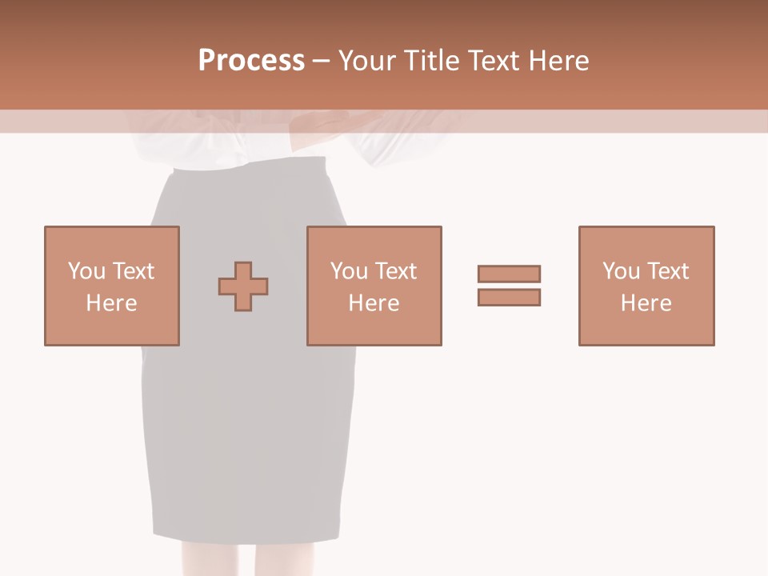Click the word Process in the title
tap(251, 61)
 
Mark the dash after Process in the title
tap(322, 62)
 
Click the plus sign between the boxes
tap(243, 286)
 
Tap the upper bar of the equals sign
tap(509, 274)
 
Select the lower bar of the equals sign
tap(509, 298)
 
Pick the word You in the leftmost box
tap(86, 271)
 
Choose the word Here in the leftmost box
tap(111, 303)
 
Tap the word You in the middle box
tap(349, 271)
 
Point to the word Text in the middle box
tap(395, 271)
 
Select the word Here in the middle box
tap(374, 303)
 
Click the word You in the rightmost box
tap(621, 271)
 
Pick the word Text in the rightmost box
tap(667, 271)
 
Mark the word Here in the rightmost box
tap(646, 303)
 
